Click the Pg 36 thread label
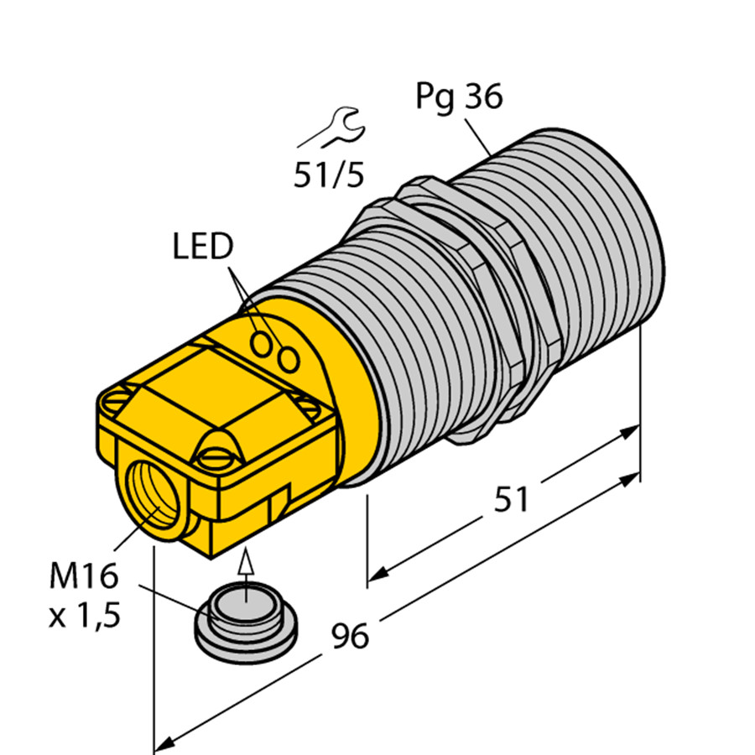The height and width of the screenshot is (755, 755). pyautogui.click(x=459, y=99)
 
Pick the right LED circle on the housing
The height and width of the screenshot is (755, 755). pyautogui.click(x=289, y=359)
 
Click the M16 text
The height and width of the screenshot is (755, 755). pyautogui.click(x=83, y=577)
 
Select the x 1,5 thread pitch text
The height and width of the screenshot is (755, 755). pyautogui.click(x=84, y=617)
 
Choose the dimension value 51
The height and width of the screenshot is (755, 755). pyautogui.click(x=511, y=500)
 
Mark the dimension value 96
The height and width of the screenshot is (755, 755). pyautogui.click(x=349, y=637)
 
